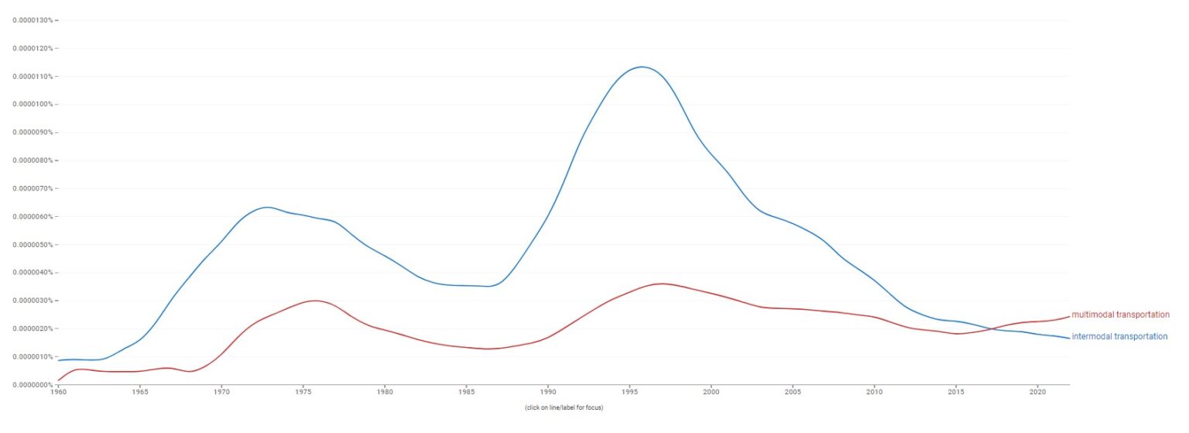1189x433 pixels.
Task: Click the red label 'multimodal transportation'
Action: (1120, 314)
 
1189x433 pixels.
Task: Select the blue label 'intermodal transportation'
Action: (1119, 336)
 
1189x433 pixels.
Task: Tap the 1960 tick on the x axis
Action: (58, 393)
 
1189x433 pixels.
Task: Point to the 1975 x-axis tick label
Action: (303, 393)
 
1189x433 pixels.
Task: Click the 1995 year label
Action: (629, 393)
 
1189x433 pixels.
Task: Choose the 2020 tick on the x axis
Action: (1037, 393)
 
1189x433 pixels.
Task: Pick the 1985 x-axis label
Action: (466, 393)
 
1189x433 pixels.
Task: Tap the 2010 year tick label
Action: (874, 393)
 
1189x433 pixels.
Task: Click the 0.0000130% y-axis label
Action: (30, 20)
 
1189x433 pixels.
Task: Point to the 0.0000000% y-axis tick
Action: (30, 384)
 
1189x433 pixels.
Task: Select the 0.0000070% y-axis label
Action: (30, 188)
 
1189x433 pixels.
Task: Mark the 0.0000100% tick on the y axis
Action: (30, 104)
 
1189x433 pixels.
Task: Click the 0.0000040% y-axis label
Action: (30, 273)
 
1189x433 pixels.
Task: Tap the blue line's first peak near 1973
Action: (267, 207)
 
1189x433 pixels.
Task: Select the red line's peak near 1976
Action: (314, 301)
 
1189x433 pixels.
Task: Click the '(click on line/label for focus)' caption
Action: (563, 408)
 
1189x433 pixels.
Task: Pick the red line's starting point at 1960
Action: (59, 380)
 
